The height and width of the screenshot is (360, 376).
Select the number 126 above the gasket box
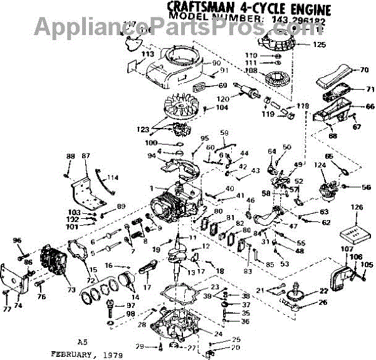point(357,208)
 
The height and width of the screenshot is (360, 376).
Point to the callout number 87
point(86,156)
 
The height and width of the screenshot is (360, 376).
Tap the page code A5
point(82,342)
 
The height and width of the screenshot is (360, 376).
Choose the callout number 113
point(149,55)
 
